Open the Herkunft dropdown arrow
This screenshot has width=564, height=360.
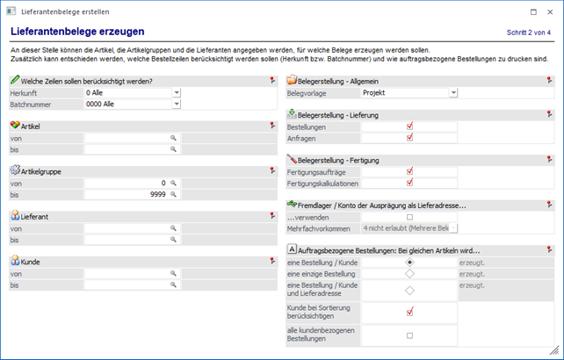coord(176,92)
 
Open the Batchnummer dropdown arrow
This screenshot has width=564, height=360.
coord(176,104)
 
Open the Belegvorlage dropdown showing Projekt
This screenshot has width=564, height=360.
coord(452,92)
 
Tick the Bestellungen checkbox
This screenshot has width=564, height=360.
coord(409,126)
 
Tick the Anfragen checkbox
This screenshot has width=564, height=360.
coord(409,138)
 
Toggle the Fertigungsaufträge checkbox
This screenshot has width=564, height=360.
coord(409,171)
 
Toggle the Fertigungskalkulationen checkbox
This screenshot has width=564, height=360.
coord(409,183)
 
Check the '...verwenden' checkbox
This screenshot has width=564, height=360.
coord(409,217)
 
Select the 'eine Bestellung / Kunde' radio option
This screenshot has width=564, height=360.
coord(409,262)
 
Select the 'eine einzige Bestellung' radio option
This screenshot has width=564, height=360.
coord(409,273)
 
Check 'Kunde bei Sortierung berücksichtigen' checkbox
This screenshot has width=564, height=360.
coord(409,312)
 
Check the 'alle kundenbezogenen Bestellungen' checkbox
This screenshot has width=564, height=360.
coord(409,335)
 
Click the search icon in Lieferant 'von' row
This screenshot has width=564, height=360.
coord(174,228)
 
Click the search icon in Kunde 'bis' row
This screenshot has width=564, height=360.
coord(174,285)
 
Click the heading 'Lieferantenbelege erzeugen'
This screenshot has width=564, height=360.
coord(66,32)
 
